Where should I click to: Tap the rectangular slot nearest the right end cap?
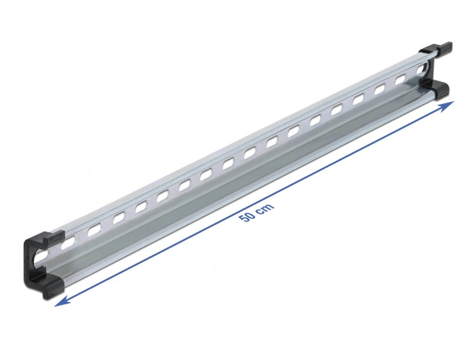(x=400, y=79)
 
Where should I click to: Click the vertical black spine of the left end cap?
(x=29, y=262)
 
